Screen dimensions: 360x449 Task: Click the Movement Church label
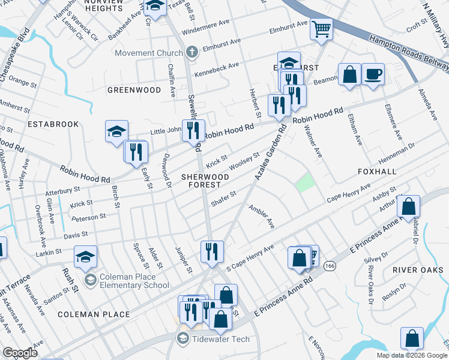pyautogui.click(x=148, y=53)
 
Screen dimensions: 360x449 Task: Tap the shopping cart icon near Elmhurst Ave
pyautogui.click(x=322, y=28)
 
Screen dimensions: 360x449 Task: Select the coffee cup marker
pyautogui.click(x=373, y=74)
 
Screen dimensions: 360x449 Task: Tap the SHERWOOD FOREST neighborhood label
pyautogui.click(x=205, y=181)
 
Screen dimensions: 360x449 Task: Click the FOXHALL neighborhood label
pyautogui.click(x=377, y=172)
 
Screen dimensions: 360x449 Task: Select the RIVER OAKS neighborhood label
pyautogui.click(x=413, y=270)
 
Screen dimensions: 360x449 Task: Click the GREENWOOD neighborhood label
pyautogui.click(x=134, y=90)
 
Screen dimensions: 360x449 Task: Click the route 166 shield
pyautogui.click(x=330, y=265)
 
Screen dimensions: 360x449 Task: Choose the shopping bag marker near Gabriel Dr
pyautogui.click(x=408, y=207)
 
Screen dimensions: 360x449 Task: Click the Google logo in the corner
pyautogui.click(x=20, y=353)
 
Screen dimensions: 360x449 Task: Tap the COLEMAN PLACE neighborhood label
pyautogui.click(x=94, y=314)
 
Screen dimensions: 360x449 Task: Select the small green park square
pyautogui.click(x=306, y=182)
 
